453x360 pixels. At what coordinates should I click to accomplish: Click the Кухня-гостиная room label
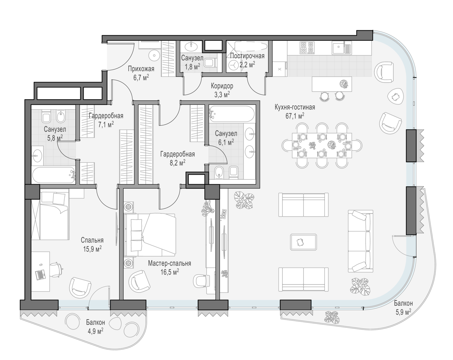pyautogui.click(x=295, y=107)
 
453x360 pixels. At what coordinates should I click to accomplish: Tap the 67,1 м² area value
pyautogui.click(x=295, y=116)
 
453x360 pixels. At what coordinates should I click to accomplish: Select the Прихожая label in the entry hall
pyautogui.click(x=141, y=69)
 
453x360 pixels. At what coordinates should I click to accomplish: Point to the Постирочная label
pyautogui.click(x=247, y=56)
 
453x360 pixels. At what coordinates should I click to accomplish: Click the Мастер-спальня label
pyautogui.click(x=169, y=263)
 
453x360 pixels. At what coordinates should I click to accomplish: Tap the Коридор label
pyautogui.click(x=222, y=86)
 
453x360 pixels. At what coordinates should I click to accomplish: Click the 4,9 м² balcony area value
pyautogui.click(x=95, y=331)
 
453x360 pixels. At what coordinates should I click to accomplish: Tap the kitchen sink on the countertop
pyautogui.click(x=342, y=48)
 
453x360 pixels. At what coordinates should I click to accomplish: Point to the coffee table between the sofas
pyautogui.click(x=303, y=242)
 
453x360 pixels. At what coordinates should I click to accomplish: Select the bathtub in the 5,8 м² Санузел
pyautogui.click(x=53, y=175)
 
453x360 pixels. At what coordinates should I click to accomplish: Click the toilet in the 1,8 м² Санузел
pyautogui.click(x=211, y=63)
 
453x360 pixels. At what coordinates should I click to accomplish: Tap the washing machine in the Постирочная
pyautogui.click(x=233, y=65)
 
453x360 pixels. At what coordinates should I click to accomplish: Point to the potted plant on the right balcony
pyautogui.click(x=332, y=317)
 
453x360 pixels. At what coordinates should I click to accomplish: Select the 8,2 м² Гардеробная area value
pyautogui.click(x=178, y=163)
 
